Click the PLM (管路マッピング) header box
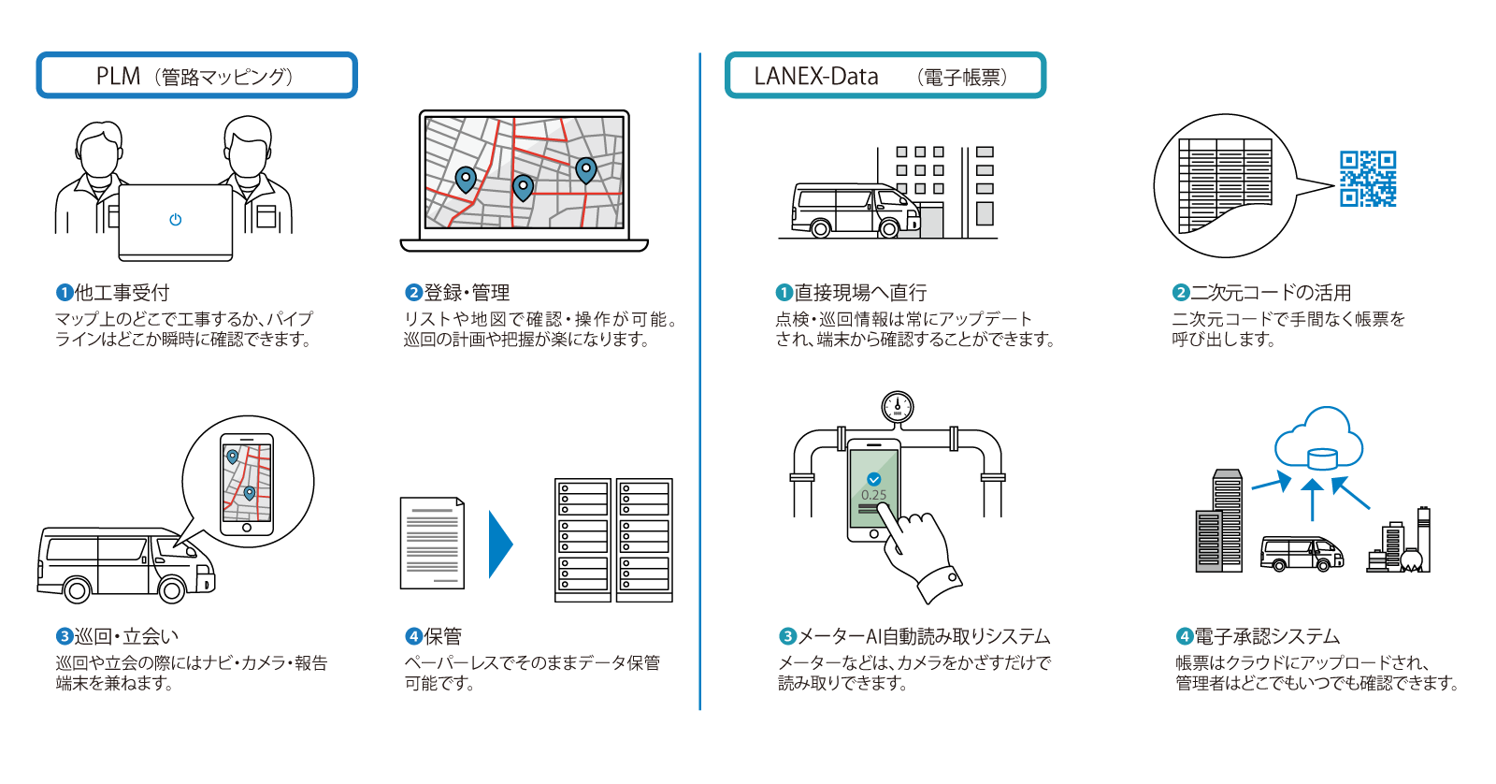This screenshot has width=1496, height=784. [x=196, y=76]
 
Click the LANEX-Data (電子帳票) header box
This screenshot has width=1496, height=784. [x=885, y=76]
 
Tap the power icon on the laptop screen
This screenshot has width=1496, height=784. [x=175, y=220]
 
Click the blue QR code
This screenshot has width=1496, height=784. [x=1368, y=179]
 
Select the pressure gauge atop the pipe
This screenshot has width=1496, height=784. [x=897, y=407]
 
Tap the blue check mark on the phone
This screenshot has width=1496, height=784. [x=874, y=479]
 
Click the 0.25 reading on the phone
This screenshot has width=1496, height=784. [x=874, y=495]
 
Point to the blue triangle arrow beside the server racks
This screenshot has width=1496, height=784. [x=500, y=544]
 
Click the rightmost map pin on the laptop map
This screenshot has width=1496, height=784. [x=585, y=169]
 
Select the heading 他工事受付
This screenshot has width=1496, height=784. [x=122, y=293]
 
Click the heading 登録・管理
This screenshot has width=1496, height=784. [x=467, y=293]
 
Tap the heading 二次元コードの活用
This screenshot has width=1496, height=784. [x=1270, y=293]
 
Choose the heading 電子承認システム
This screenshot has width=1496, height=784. [x=1267, y=637]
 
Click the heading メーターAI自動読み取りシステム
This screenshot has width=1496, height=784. [x=924, y=637]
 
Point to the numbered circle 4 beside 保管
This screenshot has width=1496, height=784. [x=413, y=637]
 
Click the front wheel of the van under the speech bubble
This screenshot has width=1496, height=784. [x=171, y=589]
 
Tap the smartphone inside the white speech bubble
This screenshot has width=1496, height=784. [x=247, y=484]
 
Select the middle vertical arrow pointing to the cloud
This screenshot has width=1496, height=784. [x=1313, y=500]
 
